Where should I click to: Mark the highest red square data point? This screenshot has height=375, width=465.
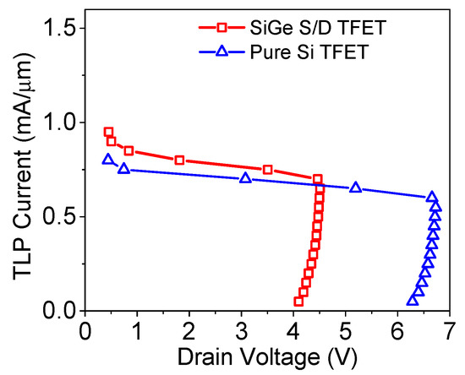pyautogui.click(x=108, y=132)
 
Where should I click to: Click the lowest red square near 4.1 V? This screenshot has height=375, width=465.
pyautogui.click(x=298, y=302)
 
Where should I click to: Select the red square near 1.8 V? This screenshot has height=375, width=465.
pyautogui.click(x=179, y=160)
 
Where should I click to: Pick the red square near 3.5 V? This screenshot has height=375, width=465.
pyautogui.click(x=268, y=170)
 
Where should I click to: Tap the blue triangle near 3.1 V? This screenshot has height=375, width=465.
pyautogui.click(x=245, y=177)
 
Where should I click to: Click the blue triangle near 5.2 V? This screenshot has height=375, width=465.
pyautogui.click(x=355, y=187)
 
